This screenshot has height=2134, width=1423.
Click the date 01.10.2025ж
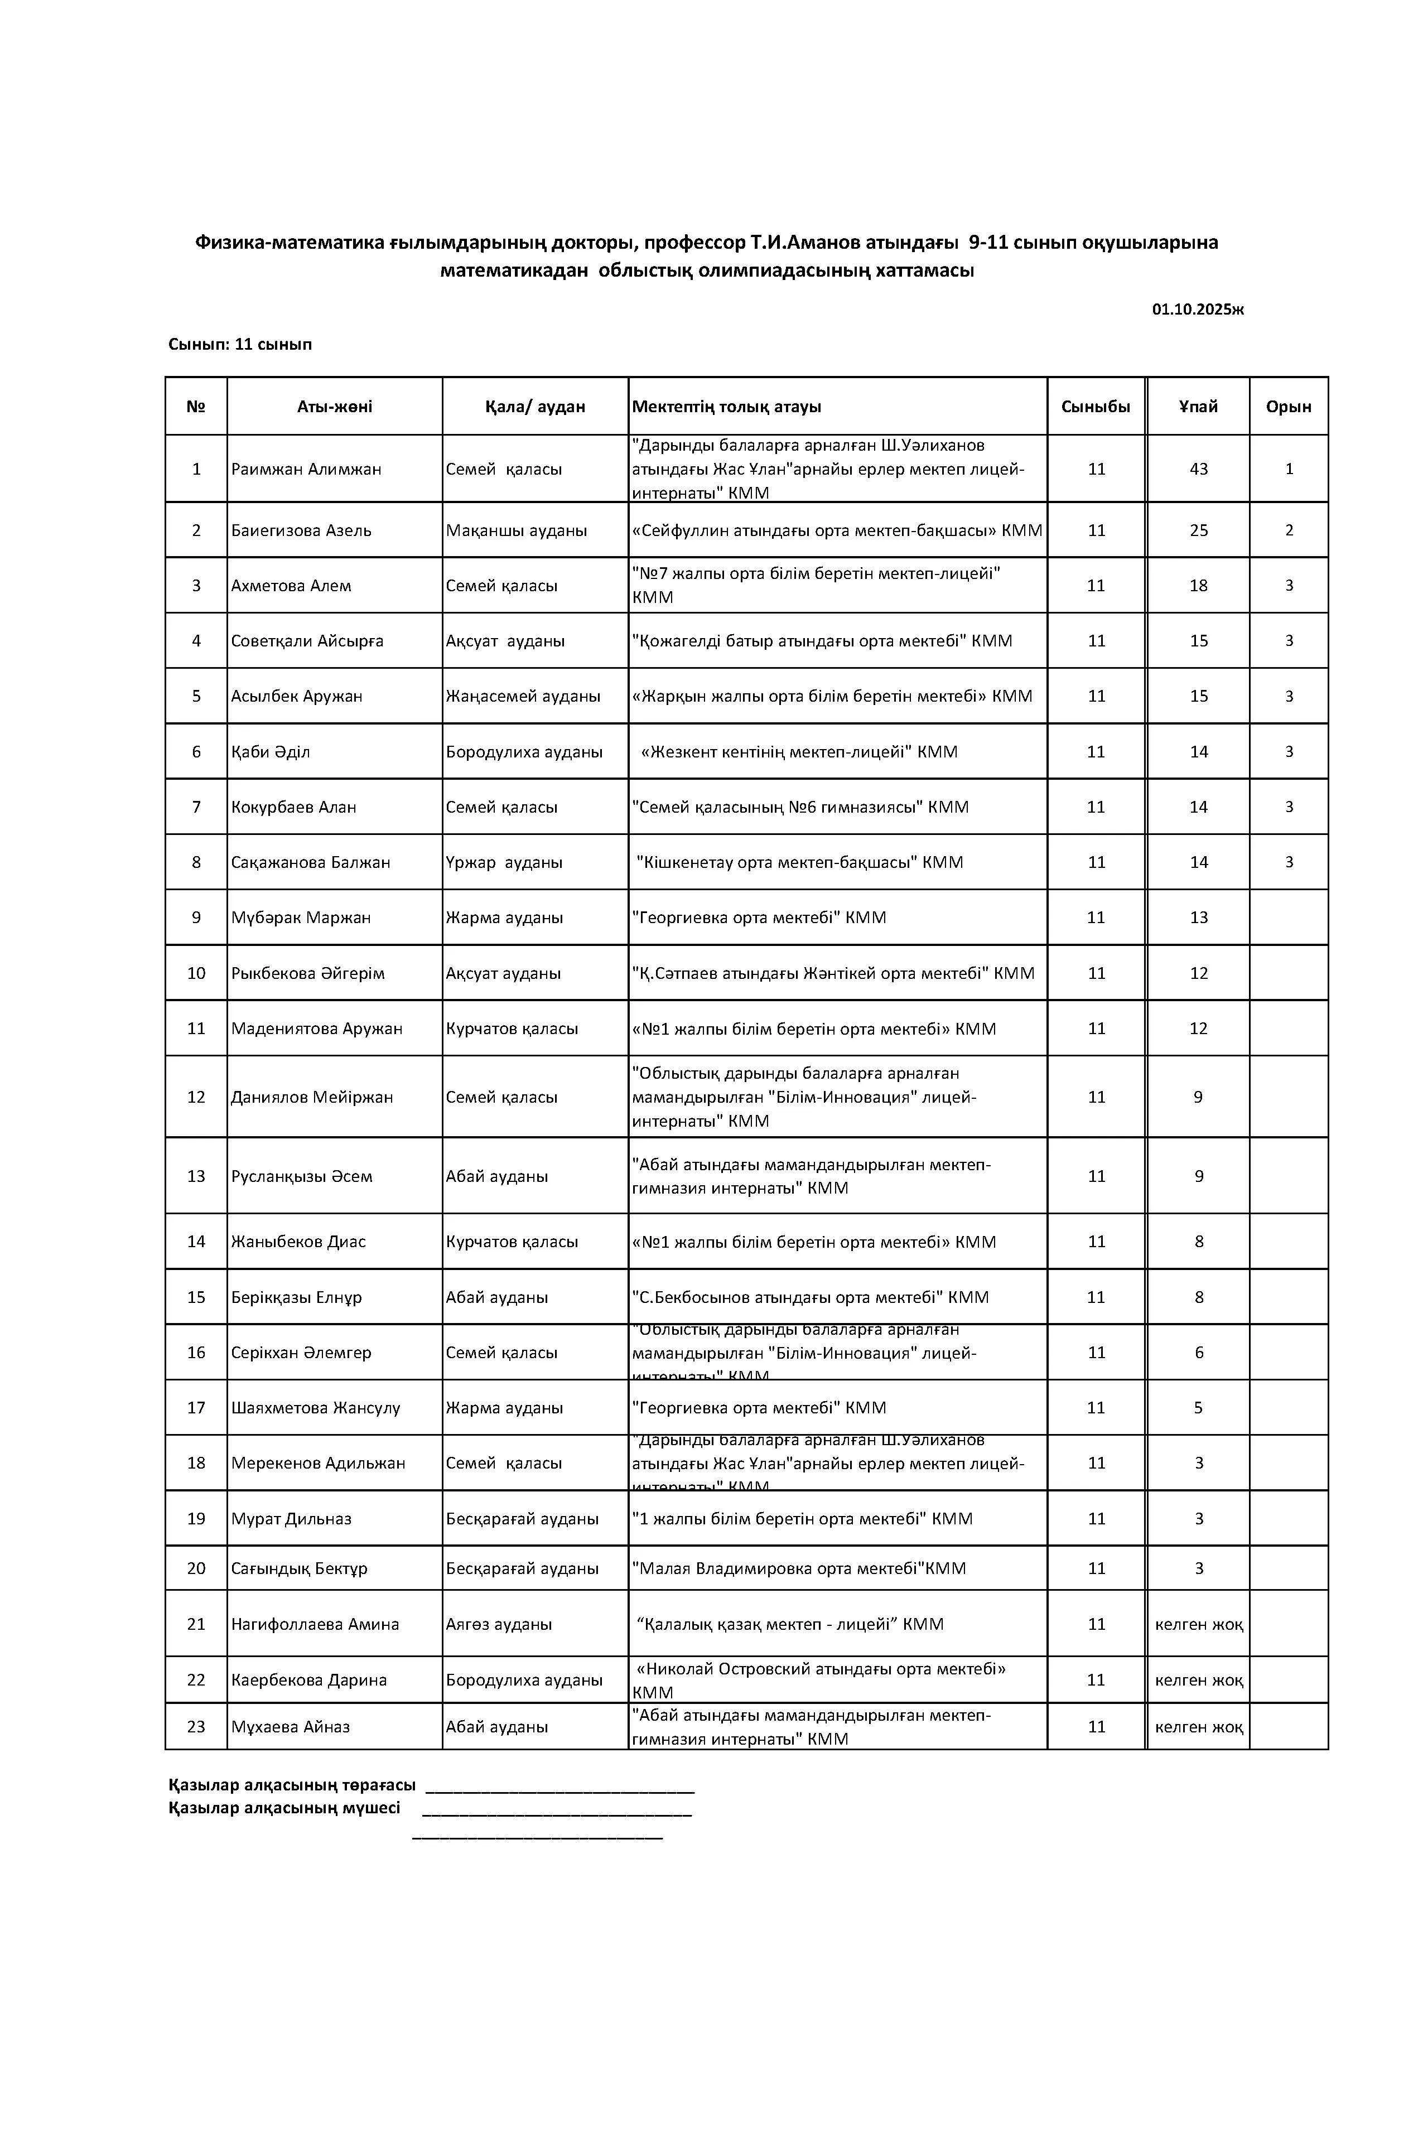(1197, 310)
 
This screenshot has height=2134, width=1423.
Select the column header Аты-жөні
(334, 407)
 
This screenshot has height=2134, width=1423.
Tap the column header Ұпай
(1198, 407)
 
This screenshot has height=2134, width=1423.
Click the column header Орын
(1288, 407)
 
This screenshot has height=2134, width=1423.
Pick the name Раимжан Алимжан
(306, 469)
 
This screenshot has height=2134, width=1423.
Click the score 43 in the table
(1198, 469)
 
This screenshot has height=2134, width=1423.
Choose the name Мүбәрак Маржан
(301, 918)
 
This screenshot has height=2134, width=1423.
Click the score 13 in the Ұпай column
(1198, 918)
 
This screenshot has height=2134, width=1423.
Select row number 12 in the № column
(196, 1098)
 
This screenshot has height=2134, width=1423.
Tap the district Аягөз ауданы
(498, 1624)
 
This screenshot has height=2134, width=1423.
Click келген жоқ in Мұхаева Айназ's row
(1198, 1727)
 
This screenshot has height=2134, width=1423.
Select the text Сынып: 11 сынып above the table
(240, 345)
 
